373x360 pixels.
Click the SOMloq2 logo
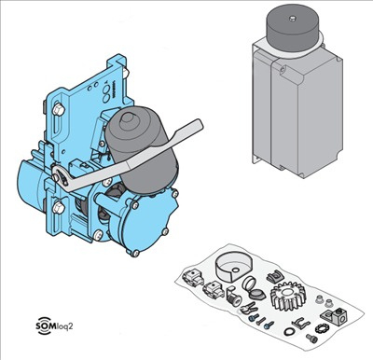55,325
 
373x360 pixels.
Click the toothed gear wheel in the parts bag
288,296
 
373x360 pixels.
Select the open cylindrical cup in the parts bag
233,268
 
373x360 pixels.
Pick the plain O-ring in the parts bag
289,331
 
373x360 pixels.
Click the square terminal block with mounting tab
335,316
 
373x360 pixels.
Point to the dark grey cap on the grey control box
293,27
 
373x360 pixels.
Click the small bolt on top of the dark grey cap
292,19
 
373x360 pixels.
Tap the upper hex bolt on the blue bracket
59,109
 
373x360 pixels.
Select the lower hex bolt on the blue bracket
58,207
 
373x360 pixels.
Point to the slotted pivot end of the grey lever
62,178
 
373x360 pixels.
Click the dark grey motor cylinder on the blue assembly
142,150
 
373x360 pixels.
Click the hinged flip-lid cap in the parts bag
254,289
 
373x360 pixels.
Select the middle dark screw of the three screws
261,321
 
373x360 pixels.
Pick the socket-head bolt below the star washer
311,339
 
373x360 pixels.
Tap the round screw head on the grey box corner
283,70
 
